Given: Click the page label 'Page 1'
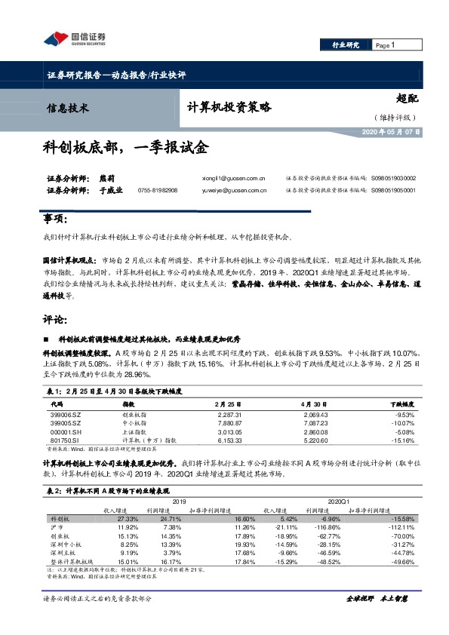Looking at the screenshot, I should point(386,46).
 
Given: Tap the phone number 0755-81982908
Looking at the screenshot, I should point(158,192).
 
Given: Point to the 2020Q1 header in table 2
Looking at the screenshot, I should point(337,502).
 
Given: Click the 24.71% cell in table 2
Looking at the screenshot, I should point(171,520).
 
